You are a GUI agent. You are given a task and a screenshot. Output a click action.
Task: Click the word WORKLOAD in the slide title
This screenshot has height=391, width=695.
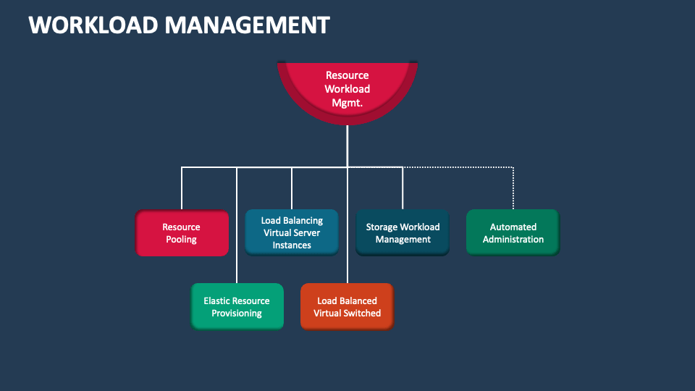tap(93, 25)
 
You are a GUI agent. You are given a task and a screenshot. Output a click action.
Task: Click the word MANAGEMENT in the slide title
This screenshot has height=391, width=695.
tap(247, 25)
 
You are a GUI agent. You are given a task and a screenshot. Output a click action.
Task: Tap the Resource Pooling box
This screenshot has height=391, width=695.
tap(182, 233)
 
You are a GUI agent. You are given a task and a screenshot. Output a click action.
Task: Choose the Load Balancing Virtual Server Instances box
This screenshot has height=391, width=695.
tap(292, 232)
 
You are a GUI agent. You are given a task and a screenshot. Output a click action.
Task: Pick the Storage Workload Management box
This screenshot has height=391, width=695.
tap(403, 233)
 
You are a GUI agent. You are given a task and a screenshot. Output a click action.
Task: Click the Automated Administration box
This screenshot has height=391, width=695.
tap(513, 233)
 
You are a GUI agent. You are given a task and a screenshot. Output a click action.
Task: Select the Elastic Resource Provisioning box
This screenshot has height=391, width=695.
tap(237, 307)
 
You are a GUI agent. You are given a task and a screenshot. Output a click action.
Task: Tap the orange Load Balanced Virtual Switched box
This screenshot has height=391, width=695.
tap(347, 307)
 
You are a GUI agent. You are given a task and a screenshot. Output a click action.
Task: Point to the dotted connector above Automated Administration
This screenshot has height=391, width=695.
tap(513, 188)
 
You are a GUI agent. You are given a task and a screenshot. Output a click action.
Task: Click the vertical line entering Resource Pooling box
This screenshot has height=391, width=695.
tap(182, 188)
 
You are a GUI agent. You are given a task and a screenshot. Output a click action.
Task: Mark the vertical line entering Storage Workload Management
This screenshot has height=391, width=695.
tap(403, 188)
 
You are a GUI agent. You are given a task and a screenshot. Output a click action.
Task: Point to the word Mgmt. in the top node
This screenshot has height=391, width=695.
tap(347, 103)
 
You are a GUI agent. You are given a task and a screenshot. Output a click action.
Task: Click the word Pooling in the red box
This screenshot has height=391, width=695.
tap(182, 240)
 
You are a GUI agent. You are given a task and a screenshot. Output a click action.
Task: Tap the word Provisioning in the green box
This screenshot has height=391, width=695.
tap(237, 314)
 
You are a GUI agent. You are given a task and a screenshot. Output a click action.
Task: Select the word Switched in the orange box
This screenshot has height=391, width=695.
tap(363, 314)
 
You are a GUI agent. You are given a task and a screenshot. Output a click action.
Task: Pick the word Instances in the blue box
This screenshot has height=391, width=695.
tap(292, 245)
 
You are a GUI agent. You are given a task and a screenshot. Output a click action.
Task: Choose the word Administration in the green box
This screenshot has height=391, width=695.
tap(513, 240)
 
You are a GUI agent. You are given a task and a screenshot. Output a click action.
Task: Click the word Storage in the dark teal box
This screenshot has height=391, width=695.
tap(382, 227)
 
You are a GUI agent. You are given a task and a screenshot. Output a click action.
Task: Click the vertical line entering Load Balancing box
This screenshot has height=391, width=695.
tap(292, 188)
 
